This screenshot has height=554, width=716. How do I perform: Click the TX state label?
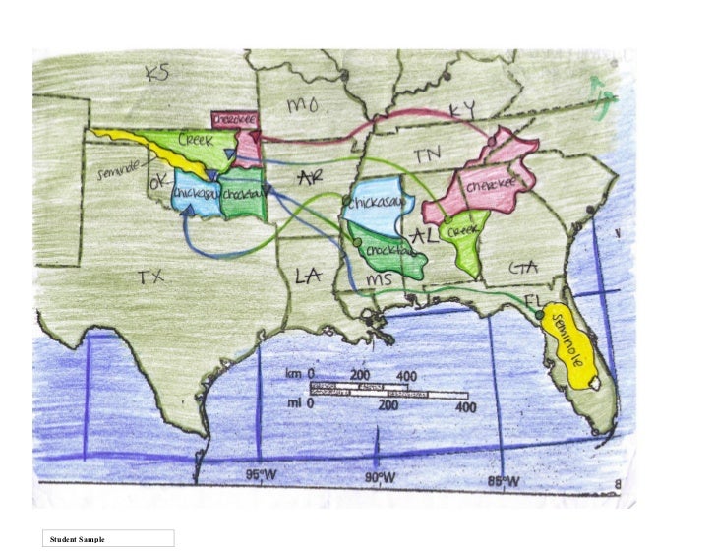pos(150,277)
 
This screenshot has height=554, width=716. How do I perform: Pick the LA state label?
pos(309,277)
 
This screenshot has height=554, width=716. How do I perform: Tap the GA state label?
pos(521,268)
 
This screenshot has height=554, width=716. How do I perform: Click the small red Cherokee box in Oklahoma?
pos(236,118)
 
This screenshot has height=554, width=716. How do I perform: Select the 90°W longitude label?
pos(380,478)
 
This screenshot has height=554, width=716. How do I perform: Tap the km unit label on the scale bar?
pos(293,375)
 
